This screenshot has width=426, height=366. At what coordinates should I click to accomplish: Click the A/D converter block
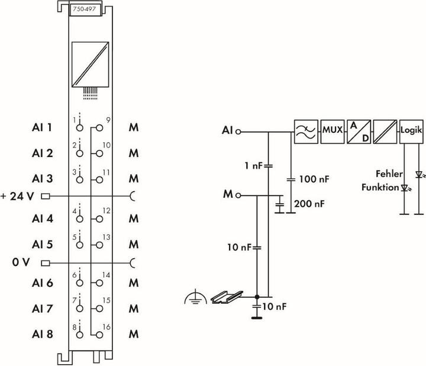[x=359, y=130]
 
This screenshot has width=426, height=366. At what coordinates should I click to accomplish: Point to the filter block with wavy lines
[x=305, y=130]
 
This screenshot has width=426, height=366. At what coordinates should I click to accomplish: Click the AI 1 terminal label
[x=42, y=127]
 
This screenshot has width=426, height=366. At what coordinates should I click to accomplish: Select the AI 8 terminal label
[x=42, y=334]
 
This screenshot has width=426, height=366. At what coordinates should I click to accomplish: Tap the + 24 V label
[x=20, y=196]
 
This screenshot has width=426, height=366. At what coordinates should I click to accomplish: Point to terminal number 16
[x=106, y=327]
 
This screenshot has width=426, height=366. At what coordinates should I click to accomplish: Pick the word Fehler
[x=389, y=174]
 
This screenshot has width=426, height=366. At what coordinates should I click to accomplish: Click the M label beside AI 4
[x=134, y=219]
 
